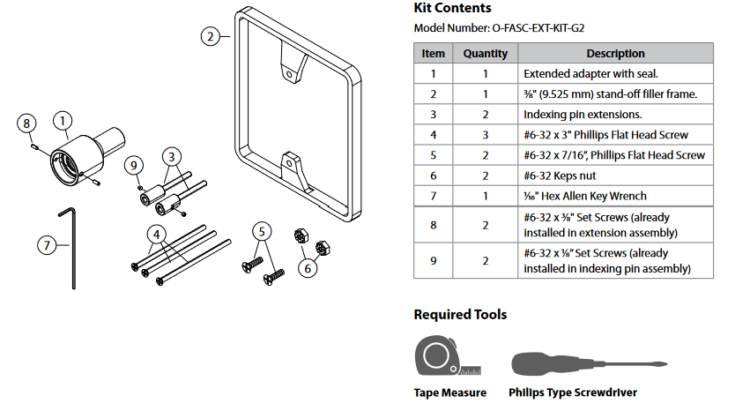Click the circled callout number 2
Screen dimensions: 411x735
click(209, 36)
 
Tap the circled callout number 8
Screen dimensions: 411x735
click(27, 123)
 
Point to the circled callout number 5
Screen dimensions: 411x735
click(261, 232)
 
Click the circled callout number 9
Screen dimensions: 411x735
click(134, 165)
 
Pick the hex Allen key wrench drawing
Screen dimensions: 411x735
click(70, 247)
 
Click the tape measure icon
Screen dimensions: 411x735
click(445, 356)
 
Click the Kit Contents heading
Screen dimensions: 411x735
click(453, 8)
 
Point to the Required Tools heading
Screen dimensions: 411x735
click(460, 314)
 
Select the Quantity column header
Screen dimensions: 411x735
click(486, 54)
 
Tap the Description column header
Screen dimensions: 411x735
click(615, 54)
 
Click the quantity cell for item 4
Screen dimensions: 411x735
click(486, 135)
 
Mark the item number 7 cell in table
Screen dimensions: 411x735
click(433, 196)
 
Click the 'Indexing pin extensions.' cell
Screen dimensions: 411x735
click(582, 115)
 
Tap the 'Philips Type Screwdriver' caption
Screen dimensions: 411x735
click(572, 392)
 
